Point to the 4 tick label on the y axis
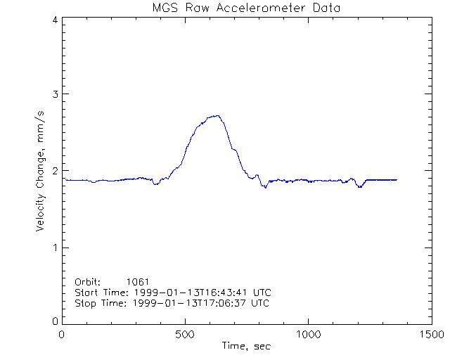(x=55, y=20)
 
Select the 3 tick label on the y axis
(x=55, y=94)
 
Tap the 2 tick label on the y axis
(x=55, y=171)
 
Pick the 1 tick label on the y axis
(x=55, y=247)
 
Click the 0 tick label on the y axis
(x=55, y=321)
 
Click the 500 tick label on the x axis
(x=185, y=335)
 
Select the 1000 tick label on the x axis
(x=308, y=335)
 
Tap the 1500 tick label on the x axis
(x=431, y=335)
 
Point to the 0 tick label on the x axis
(x=63, y=335)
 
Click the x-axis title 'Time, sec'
(x=246, y=346)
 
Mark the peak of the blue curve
(x=218, y=115)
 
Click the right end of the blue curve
(x=397, y=180)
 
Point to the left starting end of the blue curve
(x=65, y=180)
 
